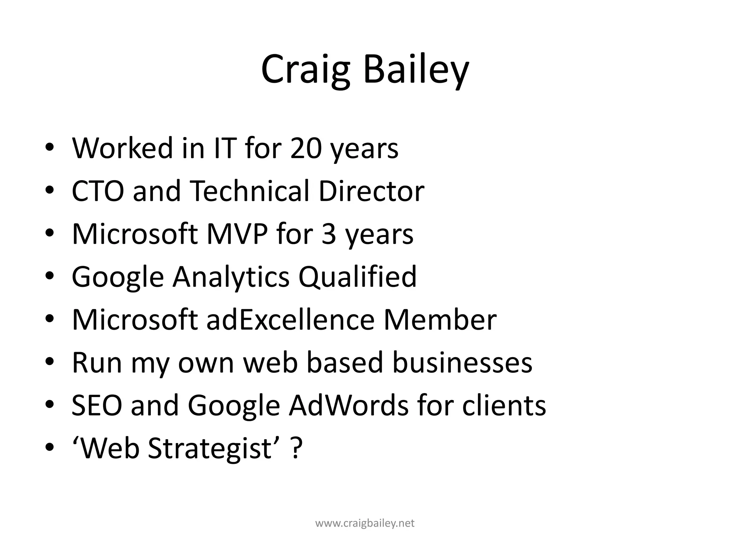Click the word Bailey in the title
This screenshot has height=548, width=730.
click(x=416, y=70)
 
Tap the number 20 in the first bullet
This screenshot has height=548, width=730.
click(x=306, y=148)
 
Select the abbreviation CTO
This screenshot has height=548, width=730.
click(x=98, y=191)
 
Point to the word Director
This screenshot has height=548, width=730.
click(x=371, y=191)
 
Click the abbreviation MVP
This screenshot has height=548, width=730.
click(x=237, y=234)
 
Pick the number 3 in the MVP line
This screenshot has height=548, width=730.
click(x=329, y=234)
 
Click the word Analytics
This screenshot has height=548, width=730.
click(x=231, y=277)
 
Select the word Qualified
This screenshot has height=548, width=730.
click(x=358, y=277)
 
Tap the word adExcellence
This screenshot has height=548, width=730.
click(x=291, y=320)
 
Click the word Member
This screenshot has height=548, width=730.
click(x=440, y=320)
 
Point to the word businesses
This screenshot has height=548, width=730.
click(x=462, y=362)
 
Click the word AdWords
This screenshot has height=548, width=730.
click(x=348, y=405)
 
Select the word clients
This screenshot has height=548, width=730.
click(x=504, y=405)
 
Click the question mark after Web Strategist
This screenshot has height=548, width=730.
click(x=297, y=448)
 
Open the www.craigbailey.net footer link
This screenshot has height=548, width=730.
click(x=365, y=523)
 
